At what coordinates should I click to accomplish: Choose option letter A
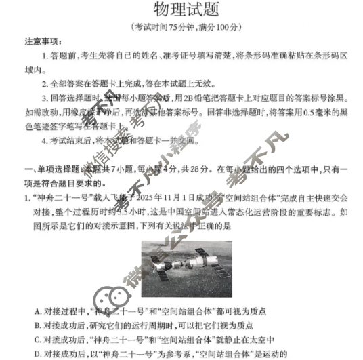click(x=37, y=311)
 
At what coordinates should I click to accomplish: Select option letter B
click(x=37, y=325)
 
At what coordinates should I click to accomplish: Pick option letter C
click(x=37, y=340)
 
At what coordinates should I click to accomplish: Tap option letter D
click(x=37, y=354)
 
